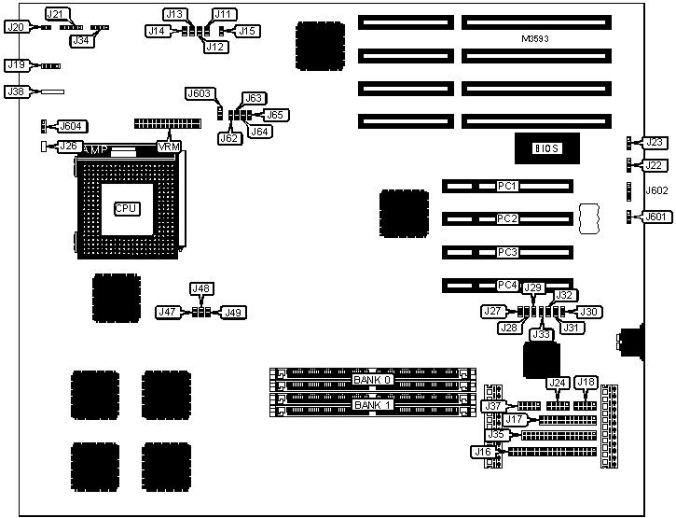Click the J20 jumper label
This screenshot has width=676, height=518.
[15, 28]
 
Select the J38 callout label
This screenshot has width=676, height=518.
[15, 92]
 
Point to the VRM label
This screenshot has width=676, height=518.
[169, 147]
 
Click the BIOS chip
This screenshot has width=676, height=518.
[545, 147]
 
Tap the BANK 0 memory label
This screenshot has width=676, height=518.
[372, 381]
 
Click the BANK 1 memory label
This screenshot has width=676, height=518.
[372, 406]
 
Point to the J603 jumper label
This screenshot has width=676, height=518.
[201, 94]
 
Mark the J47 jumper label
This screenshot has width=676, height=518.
[170, 312]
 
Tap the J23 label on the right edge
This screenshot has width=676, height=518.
[655, 143]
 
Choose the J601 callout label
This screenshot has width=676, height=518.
[657, 217]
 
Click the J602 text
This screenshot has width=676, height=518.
[656, 190]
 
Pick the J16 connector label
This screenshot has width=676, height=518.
[482, 453]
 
